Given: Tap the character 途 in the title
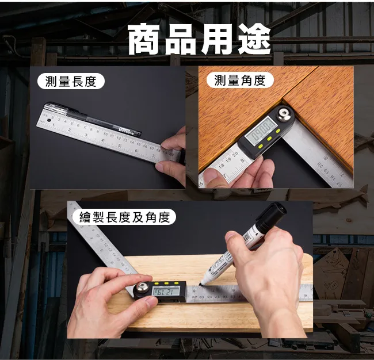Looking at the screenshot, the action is [x=255, y=39].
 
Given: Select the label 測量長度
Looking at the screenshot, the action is [x=71, y=81].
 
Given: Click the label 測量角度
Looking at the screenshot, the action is [x=240, y=80].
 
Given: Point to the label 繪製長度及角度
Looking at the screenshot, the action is [x=124, y=217].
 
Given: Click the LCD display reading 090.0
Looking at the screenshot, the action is [x=262, y=131].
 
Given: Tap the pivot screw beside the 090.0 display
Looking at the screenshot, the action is [x=284, y=113].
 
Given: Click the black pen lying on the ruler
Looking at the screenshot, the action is [x=93, y=118].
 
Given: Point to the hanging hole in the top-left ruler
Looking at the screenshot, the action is [x=49, y=121].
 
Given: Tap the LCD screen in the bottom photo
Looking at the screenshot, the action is [x=166, y=292].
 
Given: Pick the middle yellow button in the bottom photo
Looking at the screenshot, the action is [x=166, y=284].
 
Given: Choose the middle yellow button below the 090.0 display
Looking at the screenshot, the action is [x=269, y=139].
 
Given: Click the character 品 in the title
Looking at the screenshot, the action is [x=180, y=39].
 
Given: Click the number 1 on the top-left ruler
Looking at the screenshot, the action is [x=54, y=125].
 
